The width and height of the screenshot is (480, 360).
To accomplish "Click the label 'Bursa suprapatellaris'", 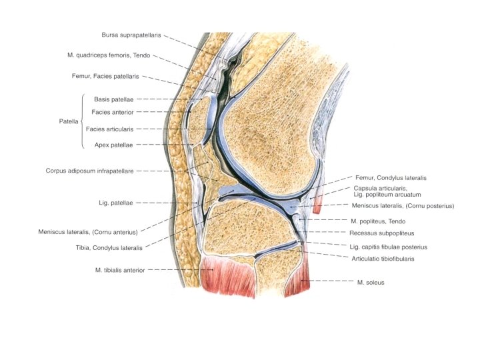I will (131, 35).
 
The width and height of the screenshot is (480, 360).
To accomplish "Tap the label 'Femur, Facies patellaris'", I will (105, 77).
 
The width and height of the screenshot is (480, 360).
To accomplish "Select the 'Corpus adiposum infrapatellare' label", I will (89, 171).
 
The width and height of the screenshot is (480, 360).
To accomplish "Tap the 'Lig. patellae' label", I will (115, 202).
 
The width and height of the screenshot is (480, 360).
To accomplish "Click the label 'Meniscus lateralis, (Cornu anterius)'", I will (88, 232).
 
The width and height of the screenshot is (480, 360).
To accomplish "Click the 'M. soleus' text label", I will (371, 282).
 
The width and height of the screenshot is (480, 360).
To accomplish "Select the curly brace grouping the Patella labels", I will (81, 121).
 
